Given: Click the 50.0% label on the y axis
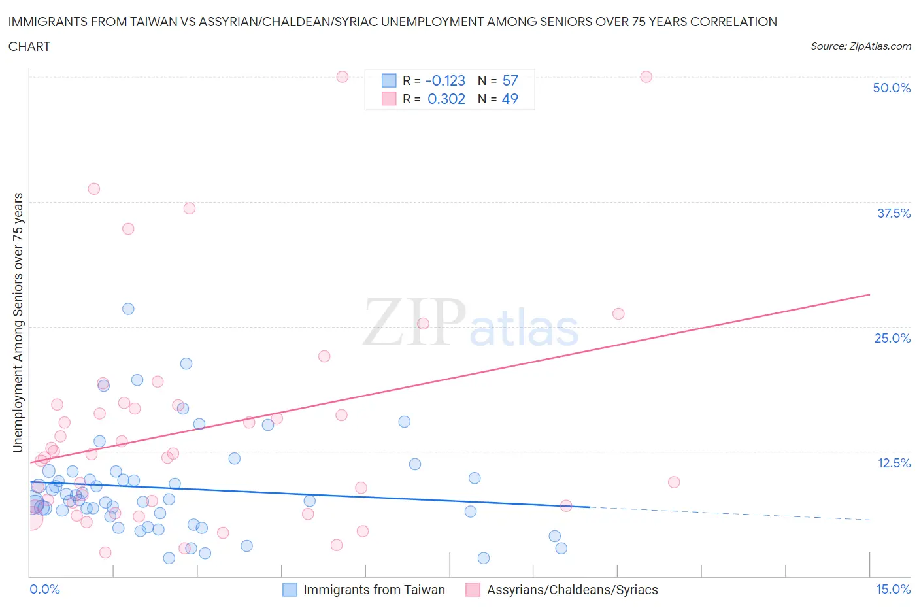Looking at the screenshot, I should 892,88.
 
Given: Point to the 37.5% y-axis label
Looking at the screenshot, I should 894,213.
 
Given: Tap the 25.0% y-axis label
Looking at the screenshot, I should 892,338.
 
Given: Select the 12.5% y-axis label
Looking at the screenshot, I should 894,463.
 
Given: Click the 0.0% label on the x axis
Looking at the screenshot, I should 44,589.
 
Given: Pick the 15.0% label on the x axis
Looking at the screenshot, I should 893,589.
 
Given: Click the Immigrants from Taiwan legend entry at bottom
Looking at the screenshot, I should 374,590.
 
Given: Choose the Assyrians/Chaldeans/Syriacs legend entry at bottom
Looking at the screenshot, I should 572,590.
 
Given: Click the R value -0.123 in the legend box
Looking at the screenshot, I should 445,80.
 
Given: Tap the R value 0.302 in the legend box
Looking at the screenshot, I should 446,99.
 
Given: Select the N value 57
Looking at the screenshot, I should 510,80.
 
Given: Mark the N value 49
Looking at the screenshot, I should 510,99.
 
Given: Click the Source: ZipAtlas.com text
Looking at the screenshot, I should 860,46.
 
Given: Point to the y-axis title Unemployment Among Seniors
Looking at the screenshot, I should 18,322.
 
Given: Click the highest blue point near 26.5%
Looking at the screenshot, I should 128,309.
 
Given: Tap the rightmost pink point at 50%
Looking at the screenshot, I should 646,76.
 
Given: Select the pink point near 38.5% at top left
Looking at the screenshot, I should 93,189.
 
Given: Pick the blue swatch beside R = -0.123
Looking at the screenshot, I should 389,80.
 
